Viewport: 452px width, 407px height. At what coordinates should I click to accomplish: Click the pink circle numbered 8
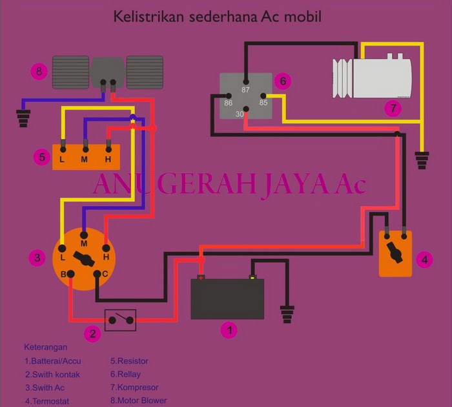click(x=40, y=72)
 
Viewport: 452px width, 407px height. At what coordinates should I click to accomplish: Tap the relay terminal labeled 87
click(x=245, y=82)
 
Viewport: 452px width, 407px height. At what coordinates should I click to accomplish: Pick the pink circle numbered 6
click(x=282, y=82)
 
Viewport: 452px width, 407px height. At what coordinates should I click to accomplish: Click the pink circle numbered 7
click(x=392, y=109)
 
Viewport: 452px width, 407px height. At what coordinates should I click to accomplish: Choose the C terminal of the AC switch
click(x=96, y=274)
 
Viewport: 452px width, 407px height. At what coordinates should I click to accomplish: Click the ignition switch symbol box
click(x=120, y=320)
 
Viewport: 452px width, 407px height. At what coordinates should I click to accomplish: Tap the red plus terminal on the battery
click(x=201, y=278)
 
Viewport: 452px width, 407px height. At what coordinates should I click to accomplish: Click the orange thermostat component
click(x=395, y=254)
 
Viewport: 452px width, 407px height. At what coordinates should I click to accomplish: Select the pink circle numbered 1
click(x=229, y=330)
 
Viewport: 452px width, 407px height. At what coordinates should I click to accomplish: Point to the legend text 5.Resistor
click(x=129, y=361)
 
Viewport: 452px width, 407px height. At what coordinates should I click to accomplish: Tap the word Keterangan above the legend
click(x=46, y=347)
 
